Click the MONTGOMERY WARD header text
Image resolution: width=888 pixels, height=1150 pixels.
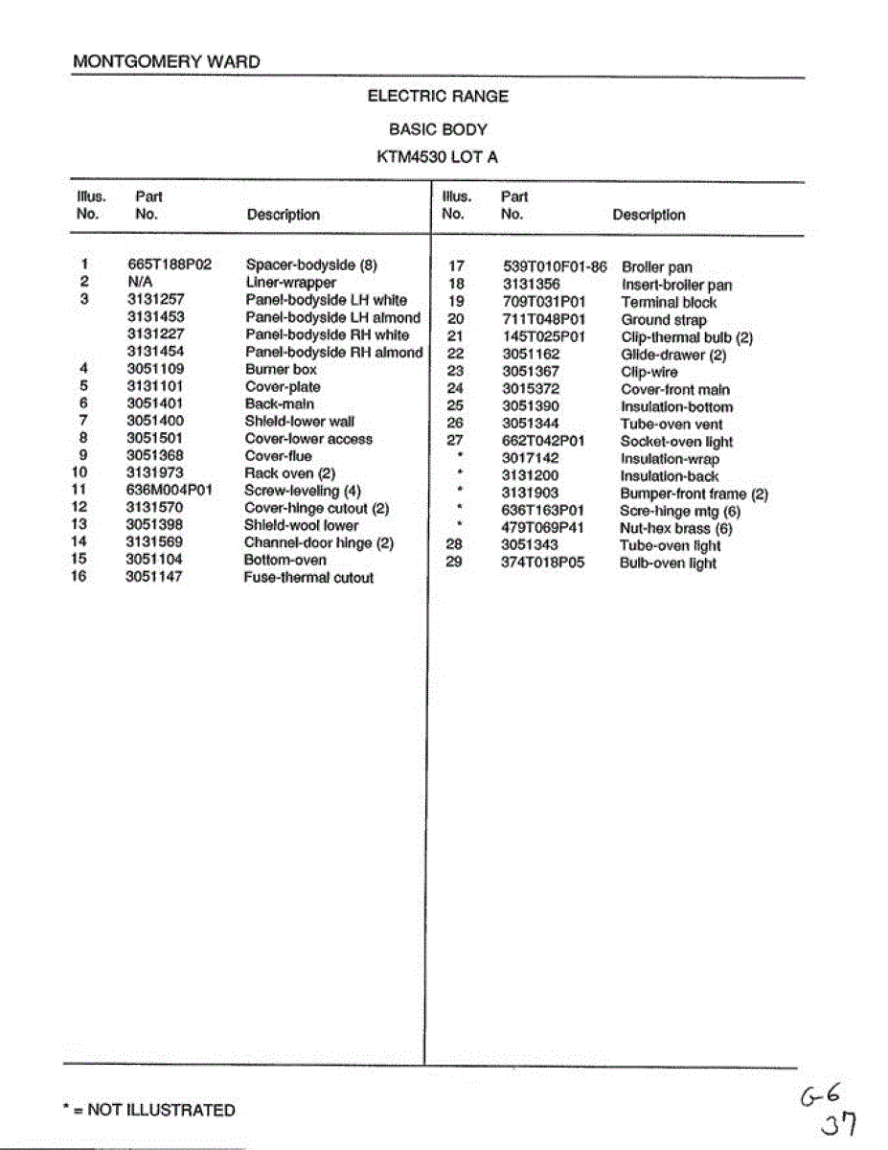pos(166,62)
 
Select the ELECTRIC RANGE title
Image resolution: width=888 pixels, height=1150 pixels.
pos(438,96)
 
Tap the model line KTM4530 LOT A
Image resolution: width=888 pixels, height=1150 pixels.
pos(438,157)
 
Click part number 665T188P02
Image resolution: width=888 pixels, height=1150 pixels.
pos(170,265)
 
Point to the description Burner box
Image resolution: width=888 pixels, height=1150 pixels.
pos(281,369)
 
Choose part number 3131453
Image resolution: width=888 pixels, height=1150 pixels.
pos(156,317)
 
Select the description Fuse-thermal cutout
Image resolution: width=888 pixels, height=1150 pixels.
pos(308,578)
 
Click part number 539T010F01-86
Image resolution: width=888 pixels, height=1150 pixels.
pos(555,267)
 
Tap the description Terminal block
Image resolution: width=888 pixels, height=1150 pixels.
pos(669,302)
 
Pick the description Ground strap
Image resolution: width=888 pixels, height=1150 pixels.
pos(664,320)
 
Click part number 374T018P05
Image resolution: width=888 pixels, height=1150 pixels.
pos(543,563)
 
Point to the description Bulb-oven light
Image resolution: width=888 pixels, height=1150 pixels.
pos(668,563)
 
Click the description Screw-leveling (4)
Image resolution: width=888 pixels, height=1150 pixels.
pos(303,491)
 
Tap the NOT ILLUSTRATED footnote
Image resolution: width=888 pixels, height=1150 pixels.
pos(148,1110)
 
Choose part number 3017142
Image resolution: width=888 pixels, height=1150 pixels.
pos(531,459)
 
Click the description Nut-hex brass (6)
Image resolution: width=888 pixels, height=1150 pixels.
pos(676,528)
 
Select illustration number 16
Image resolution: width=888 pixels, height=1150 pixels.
pos(79,576)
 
